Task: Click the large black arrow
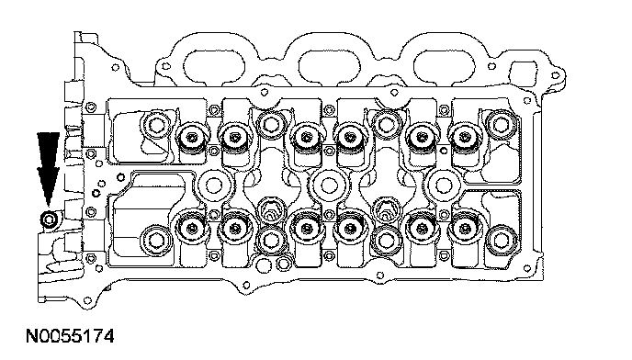[x=49, y=169]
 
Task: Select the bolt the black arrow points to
[x=50, y=219]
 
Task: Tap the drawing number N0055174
[x=70, y=336]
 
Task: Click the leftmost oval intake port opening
[x=214, y=66]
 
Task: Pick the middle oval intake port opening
[x=329, y=66]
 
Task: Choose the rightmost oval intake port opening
[x=445, y=66]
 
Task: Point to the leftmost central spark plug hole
[x=213, y=186]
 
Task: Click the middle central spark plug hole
[x=329, y=186]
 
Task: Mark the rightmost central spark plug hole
[x=444, y=186]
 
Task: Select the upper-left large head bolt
[x=156, y=124]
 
